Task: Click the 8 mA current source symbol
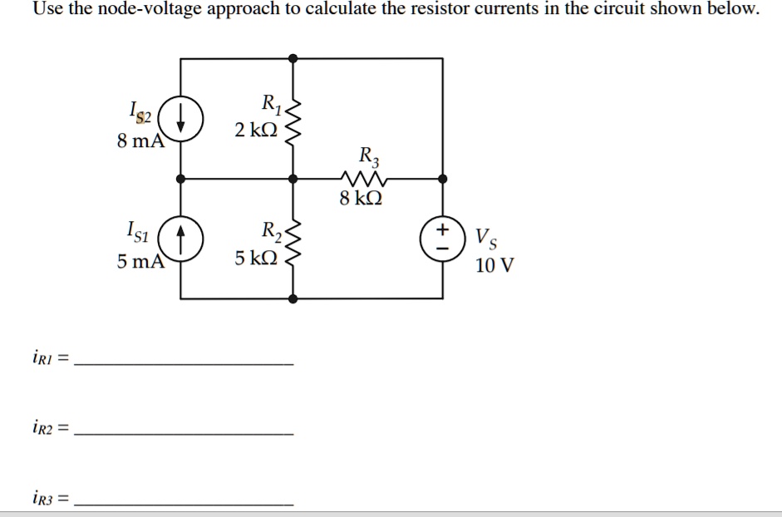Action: click(x=180, y=117)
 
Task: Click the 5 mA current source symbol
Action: click(x=180, y=236)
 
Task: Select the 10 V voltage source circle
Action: click(x=443, y=236)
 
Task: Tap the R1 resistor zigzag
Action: click(x=292, y=118)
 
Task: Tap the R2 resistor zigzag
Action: click(x=292, y=238)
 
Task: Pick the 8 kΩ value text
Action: click(x=361, y=199)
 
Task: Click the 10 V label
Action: click(x=494, y=266)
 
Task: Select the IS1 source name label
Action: click(x=138, y=229)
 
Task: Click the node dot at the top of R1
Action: click(x=292, y=59)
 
